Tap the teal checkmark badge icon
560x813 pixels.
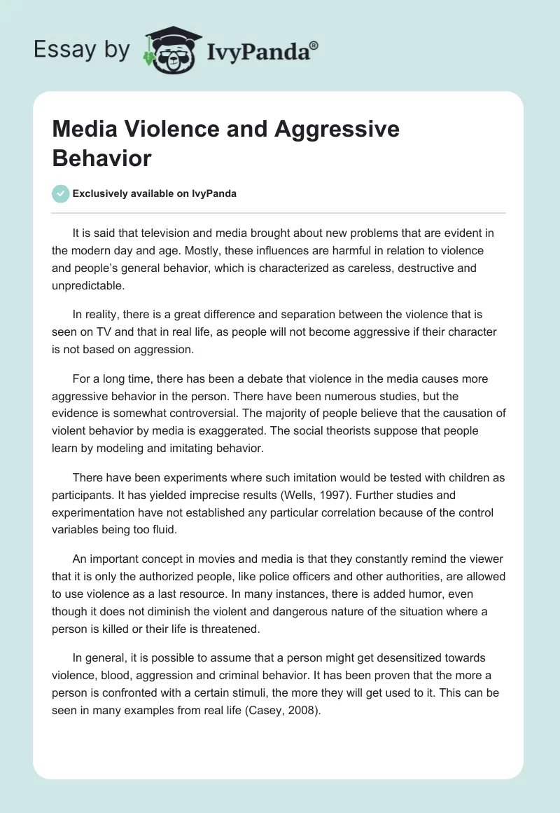coord(61,193)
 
